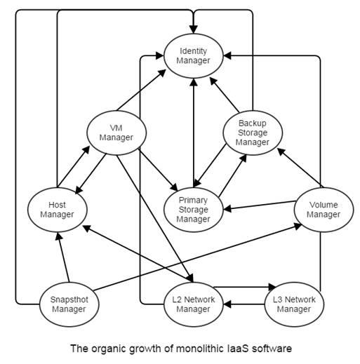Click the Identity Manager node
click(x=194, y=56)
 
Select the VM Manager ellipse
click(x=116, y=133)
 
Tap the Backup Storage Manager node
click(x=253, y=133)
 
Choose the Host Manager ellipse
click(x=58, y=210)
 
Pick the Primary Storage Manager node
click(x=194, y=210)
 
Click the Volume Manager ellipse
click(x=324, y=210)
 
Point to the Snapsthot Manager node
click(x=69, y=304)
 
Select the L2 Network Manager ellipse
click(x=194, y=304)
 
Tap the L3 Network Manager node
click(x=294, y=304)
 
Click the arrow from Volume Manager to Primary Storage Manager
click(x=259, y=205)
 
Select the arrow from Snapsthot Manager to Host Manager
click(x=63, y=257)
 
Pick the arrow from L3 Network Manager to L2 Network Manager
click(x=244, y=304)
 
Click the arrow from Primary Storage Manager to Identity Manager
click(x=194, y=133)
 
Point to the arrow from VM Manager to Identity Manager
click(x=141, y=90)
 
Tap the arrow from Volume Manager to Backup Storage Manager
click(x=300, y=168)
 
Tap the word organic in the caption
click(x=109, y=349)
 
